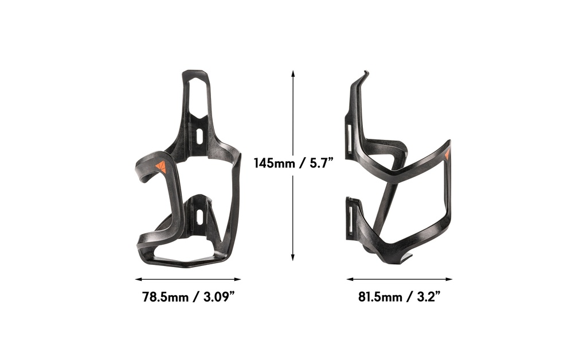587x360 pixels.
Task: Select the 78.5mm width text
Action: pyautogui.click(x=166, y=298)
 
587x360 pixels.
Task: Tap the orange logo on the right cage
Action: pyautogui.click(x=447, y=154)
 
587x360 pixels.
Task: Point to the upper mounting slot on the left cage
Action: pyautogui.click(x=198, y=138)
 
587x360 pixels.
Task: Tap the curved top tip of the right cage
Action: pyautogui.click(x=365, y=74)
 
